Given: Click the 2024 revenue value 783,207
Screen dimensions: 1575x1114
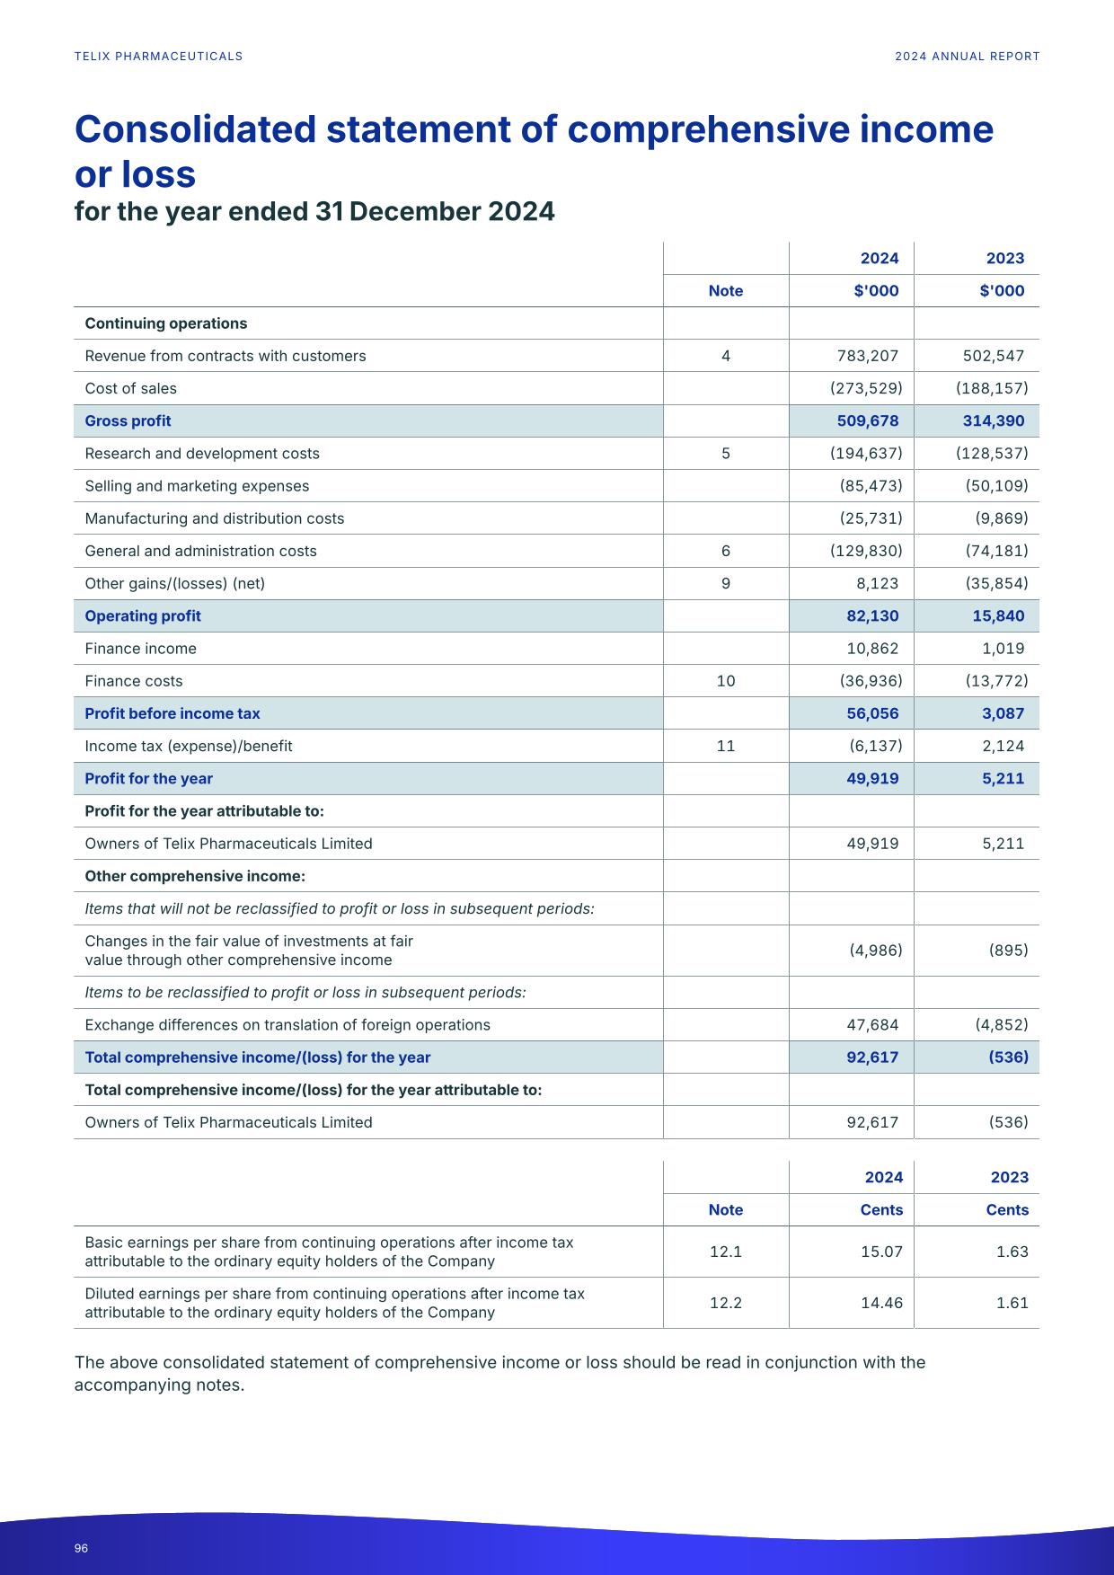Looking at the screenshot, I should click(867, 356).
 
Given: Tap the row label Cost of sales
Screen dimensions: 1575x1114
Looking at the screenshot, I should click(130, 388).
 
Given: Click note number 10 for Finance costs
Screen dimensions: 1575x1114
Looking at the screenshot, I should click(726, 681).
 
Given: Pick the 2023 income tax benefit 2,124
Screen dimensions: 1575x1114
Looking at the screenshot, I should click(1003, 746).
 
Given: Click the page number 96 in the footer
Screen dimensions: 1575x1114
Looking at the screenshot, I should click(81, 1548).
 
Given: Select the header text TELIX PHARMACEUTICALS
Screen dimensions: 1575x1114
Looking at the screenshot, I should click(158, 56).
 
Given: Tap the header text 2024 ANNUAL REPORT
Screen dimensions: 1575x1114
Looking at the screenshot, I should click(967, 56).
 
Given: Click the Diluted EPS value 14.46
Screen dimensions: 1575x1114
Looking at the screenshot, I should click(881, 1303).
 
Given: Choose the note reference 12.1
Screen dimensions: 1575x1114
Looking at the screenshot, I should click(726, 1252).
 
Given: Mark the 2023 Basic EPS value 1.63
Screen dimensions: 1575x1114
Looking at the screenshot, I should click(1012, 1252).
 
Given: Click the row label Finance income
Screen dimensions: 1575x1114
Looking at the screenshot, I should click(140, 648).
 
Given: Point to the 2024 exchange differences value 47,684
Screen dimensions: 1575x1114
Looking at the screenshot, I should click(871, 1025).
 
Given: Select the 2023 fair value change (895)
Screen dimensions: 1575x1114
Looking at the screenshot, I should click(1008, 950).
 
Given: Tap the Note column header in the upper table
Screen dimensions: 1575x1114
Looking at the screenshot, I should click(726, 290).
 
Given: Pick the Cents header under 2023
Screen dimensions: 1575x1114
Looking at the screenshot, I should click(1006, 1209).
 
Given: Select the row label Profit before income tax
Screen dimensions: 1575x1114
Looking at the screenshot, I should click(172, 713).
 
